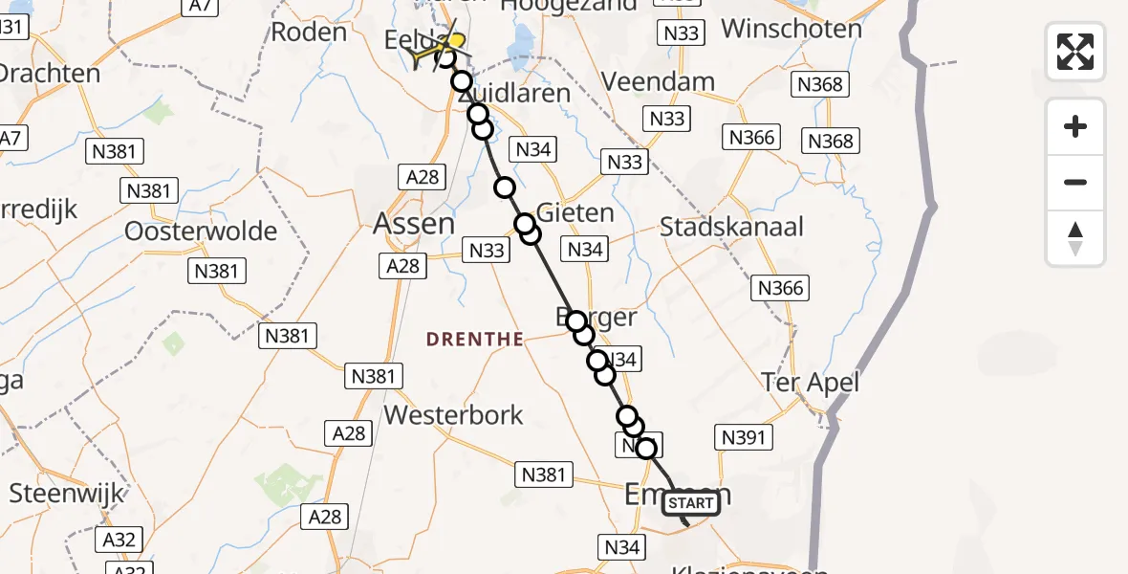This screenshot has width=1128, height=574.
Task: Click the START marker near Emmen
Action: pos(691,503)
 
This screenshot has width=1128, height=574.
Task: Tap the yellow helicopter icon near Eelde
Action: pos(453,44)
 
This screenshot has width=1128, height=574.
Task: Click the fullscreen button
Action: pos(1075,52)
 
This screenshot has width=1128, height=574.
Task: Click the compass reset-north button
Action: pos(1075,239)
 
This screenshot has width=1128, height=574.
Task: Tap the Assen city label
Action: pos(414,224)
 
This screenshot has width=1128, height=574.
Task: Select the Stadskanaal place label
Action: pos(731,228)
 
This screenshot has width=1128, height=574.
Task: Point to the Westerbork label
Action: pos(453,414)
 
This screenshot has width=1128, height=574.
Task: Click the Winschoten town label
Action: pos(792,28)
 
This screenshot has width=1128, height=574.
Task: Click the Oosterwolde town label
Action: pos(201,232)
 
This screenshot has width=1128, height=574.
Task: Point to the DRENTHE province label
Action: pos(474,339)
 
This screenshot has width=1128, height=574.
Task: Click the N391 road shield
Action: pos(743,437)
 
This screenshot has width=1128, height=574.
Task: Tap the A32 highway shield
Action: pos(119,540)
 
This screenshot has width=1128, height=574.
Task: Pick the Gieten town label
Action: pos(575,211)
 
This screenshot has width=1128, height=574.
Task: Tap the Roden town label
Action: pos(309,32)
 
